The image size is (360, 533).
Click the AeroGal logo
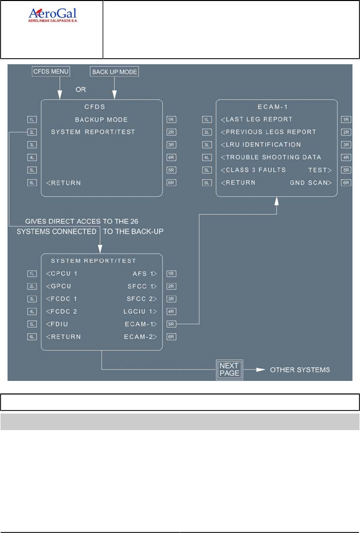52,16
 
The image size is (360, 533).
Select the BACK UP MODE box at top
114,72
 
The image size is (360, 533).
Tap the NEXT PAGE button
229,369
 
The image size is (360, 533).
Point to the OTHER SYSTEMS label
300,370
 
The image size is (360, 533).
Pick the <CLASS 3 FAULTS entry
253,170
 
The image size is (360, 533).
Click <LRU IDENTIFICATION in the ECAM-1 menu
261,145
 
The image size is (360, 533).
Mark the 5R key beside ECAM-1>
172,324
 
